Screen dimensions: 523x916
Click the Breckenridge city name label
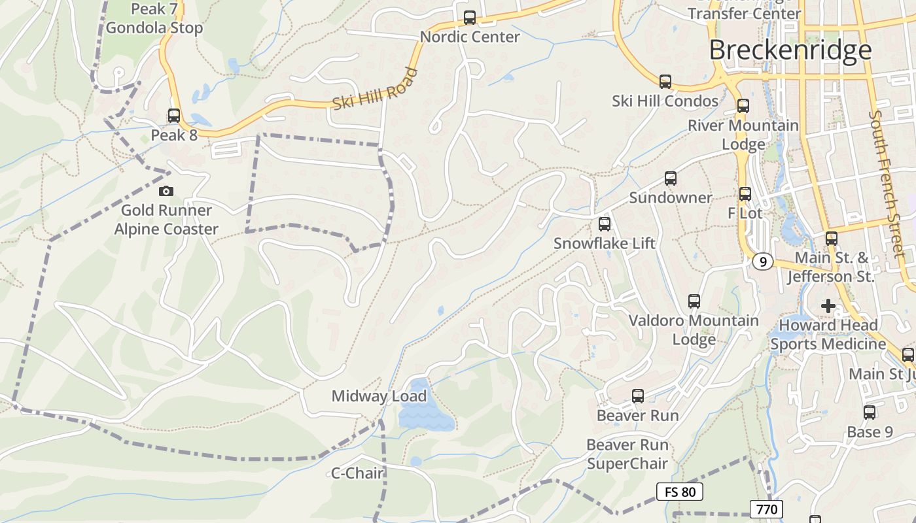[x=790, y=50]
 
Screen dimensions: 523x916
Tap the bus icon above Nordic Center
[x=469, y=18]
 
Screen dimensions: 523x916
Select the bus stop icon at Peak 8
[x=173, y=116]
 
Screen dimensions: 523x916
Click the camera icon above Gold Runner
[x=166, y=191]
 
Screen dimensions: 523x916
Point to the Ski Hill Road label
[x=375, y=89]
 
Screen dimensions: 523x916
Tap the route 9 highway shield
[x=762, y=261]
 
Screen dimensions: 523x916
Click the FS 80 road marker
[x=680, y=492]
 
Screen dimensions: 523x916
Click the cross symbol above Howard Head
[x=828, y=305]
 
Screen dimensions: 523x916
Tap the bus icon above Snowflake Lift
[x=604, y=224]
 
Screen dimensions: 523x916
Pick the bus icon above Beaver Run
[x=637, y=396]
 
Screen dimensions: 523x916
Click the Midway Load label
[x=379, y=396]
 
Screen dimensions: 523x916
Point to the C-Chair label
[x=357, y=473]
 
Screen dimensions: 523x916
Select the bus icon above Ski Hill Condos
[x=665, y=82]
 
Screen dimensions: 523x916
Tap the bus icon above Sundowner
[x=670, y=178]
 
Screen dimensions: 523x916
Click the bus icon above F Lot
[x=745, y=194]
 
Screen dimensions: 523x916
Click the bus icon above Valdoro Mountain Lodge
[x=694, y=301]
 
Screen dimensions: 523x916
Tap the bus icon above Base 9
[x=869, y=413]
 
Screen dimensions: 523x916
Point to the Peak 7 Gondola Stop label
[x=154, y=18]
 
